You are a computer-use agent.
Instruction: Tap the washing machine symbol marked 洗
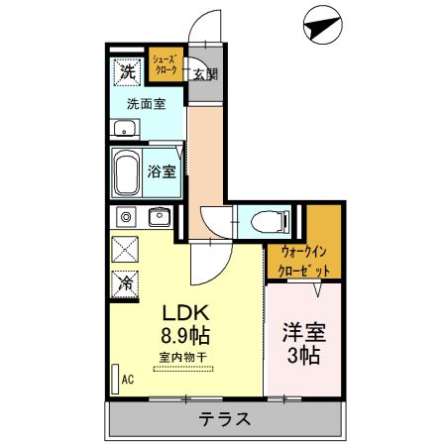click(x=127, y=71)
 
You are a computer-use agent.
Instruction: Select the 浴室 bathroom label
click(x=163, y=171)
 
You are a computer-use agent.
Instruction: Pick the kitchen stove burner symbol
click(x=127, y=216)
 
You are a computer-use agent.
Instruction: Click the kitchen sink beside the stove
click(x=159, y=216)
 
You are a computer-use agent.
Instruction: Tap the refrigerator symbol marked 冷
click(x=127, y=281)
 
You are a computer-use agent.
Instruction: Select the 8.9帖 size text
click(x=185, y=334)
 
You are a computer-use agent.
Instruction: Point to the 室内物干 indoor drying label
click(x=185, y=357)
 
